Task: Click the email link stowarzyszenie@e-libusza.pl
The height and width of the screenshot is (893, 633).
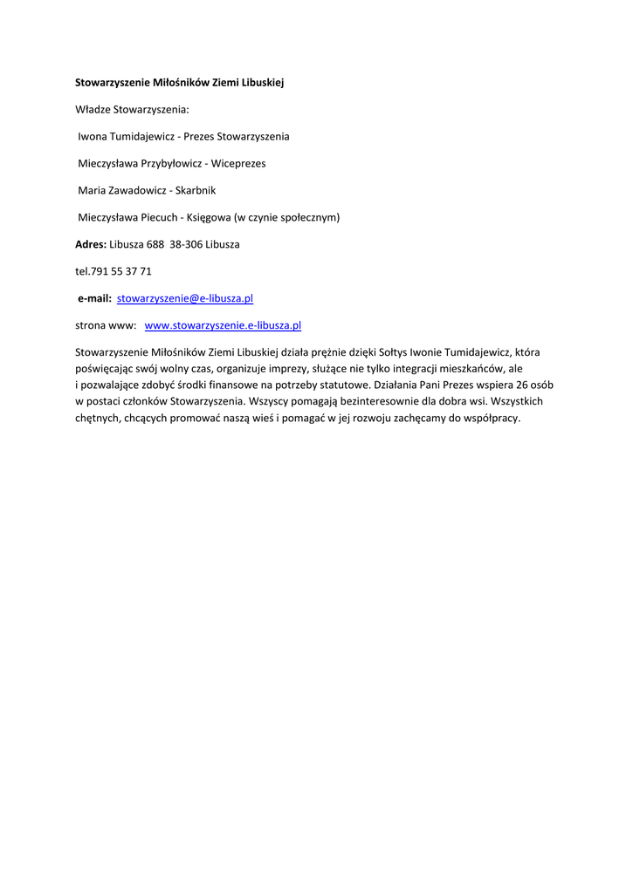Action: pyautogui.click(x=185, y=298)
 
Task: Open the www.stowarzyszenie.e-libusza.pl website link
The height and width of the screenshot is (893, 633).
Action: pyautogui.click(x=223, y=325)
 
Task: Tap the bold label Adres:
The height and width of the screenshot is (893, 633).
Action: pyautogui.click(x=91, y=244)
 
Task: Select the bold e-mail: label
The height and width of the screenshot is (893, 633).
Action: pyautogui.click(x=95, y=298)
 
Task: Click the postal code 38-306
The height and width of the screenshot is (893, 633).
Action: pyautogui.click(x=186, y=244)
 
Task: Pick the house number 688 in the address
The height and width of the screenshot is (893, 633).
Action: pyautogui.click(x=155, y=244)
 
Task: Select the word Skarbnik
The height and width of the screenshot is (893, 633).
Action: pyautogui.click(x=196, y=190)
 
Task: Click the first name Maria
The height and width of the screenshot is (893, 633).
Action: pyautogui.click(x=92, y=190)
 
